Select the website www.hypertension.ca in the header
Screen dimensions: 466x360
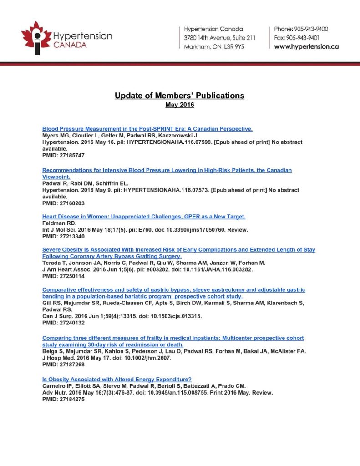[x=306, y=46]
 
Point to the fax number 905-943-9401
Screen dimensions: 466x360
[x=309, y=38]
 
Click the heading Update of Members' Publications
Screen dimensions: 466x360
[x=179, y=96]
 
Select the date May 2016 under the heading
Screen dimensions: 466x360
[x=179, y=105]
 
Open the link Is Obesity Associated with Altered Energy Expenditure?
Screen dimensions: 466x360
[x=117, y=379]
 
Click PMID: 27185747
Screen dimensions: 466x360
[x=63, y=155]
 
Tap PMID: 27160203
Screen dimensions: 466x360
[x=63, y=203]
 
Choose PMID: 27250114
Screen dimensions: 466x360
[x=63, y=276]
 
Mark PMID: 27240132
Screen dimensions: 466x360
[x=63, y=323]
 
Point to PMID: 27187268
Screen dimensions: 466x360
[x=63, y=365]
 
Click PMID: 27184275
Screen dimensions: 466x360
[x=63, y=399]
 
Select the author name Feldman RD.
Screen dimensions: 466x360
[x=58, y=223]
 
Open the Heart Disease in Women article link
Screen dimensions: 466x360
[x=144, y=217]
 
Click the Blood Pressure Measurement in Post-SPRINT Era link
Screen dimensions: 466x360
[x=147, y=129]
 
